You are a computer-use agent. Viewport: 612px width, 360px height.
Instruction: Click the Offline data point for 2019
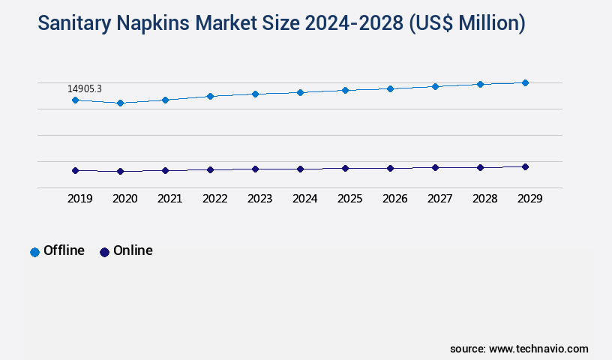[75, 100]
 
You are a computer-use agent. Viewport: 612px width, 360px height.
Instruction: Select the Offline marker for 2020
[120, 103]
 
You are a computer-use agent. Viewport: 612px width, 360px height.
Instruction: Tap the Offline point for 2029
[525, 82]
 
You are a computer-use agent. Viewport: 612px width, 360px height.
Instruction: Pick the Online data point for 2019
[75, 170]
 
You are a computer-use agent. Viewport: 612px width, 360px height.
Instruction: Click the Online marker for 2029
[525, 166]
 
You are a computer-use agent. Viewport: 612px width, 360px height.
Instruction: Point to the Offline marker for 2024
[300, 92]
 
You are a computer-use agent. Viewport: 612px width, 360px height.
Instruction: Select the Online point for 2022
[210, 169]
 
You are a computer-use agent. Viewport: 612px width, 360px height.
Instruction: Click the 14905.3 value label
[85, 88]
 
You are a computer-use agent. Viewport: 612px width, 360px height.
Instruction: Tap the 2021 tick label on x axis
[169, 199]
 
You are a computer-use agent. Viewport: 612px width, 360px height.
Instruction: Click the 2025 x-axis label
[349, 199]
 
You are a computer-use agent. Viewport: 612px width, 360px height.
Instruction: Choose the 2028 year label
[484, 199]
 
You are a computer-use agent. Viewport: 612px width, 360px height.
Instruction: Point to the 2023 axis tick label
[259, 199]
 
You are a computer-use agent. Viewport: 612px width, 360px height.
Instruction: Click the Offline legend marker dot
[34, 252]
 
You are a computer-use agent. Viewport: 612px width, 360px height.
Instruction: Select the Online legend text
[133, 250]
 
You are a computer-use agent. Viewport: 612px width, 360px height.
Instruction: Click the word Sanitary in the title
[73, 24]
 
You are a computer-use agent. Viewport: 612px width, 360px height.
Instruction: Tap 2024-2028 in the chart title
[341, 24]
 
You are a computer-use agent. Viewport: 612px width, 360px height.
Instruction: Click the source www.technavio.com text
[519, 349]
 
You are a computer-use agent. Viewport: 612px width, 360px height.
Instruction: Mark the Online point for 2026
[390, 168]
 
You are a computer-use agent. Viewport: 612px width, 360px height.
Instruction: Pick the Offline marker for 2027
[435, 86]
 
